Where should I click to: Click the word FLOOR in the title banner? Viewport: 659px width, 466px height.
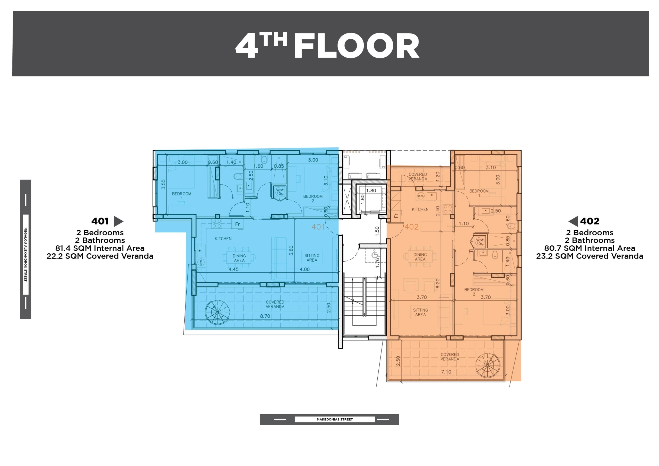tap(357, 46)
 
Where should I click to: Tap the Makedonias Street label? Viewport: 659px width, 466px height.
tap(335, 419)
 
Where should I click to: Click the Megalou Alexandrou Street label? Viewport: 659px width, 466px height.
tap(25, 254)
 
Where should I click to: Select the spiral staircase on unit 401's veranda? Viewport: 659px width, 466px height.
tap(217, 312)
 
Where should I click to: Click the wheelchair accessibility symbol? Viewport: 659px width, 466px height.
tap(375, 254)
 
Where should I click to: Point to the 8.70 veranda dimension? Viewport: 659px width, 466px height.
tap(265, 316)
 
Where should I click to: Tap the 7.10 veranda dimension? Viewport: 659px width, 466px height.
tap(446, 372)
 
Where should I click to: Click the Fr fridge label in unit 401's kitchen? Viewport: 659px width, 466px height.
tap(237, 224)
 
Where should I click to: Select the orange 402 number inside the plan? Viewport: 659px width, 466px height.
tap(411, 227)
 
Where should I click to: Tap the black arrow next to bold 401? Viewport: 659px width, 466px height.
tap(118, 221)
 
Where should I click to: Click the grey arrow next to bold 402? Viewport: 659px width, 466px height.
tap(573, 221)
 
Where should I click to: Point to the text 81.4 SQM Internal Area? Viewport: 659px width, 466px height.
tap(100, 248)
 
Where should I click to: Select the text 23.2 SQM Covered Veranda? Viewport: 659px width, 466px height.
tap(590, 256)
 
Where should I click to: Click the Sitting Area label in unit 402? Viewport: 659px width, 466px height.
tap(420, 312)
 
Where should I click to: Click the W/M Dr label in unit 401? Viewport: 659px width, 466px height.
tap(280, 192)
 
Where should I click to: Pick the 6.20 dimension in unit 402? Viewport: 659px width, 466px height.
tap(438, 283)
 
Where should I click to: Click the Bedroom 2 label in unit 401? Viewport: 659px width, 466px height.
tap(313, 199)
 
